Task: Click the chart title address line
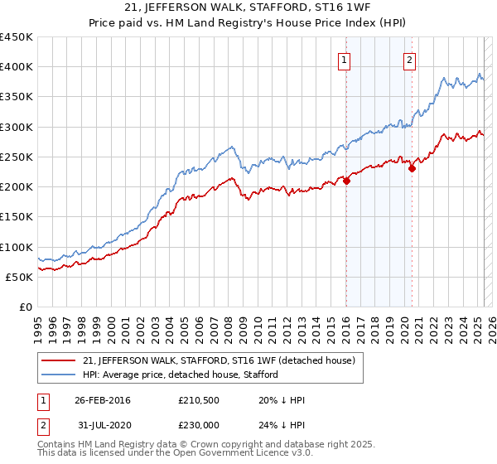click(248, 9)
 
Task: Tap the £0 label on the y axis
click(26, 307)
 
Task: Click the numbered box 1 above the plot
click(344, 59)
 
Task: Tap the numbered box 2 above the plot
click(410, 59)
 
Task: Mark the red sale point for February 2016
click(346, 181)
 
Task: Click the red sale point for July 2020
click(412, 169)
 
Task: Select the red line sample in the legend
click(56, 360)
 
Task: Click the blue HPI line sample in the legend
click(56, 375)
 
